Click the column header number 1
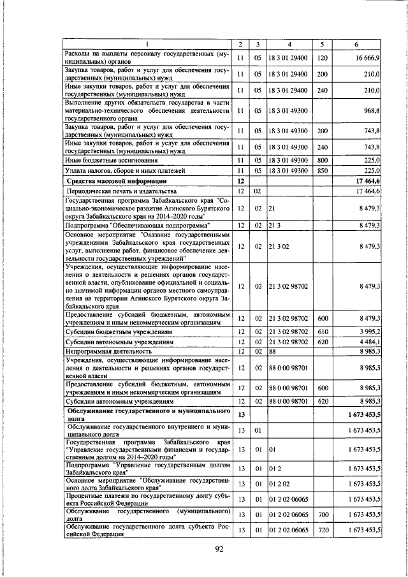coord(147,44)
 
